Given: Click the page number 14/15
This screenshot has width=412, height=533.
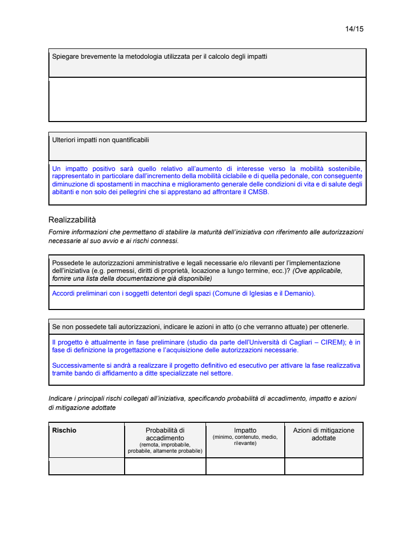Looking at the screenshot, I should (x=354, y=29).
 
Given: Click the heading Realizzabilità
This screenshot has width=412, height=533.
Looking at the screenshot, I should (x=72, y=220).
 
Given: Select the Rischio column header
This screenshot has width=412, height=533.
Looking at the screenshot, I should (x=64, y=431).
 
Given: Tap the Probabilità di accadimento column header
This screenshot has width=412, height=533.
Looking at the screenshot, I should (x=165, y=434).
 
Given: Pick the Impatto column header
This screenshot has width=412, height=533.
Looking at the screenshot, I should (x=245, y=431).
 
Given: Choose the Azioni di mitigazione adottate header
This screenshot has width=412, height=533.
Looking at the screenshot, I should (x=323, y=434).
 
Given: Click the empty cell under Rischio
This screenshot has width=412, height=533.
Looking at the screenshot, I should (x=87, y=466).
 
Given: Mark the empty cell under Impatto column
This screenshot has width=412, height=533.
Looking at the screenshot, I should (x=245, y=466).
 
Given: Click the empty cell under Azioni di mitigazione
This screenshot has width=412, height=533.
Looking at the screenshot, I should (x=323, y=466).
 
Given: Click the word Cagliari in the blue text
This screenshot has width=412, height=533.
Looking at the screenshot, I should (x=285, y=342).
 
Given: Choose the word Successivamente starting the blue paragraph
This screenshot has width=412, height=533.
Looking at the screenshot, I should (x=76, y=366).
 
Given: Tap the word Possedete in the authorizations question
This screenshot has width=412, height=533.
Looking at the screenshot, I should (x=67, y=263).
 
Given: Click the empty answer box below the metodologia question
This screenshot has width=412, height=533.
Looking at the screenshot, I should (x=207, y=99).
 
